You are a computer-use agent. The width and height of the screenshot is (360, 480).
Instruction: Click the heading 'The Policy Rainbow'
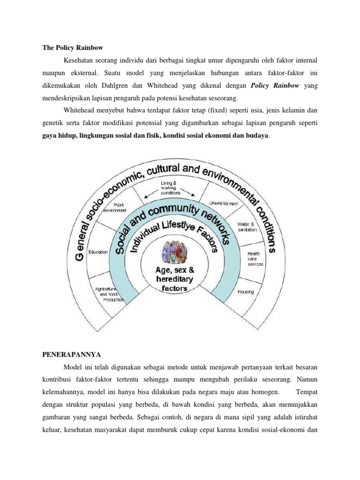[x=70, y=48]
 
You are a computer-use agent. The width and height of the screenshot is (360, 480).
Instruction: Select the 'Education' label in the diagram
[x=98, y=252]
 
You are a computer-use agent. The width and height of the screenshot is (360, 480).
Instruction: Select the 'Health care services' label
[x=255, y=259]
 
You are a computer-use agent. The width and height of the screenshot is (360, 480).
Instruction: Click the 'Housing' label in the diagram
[x=245, y=292]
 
